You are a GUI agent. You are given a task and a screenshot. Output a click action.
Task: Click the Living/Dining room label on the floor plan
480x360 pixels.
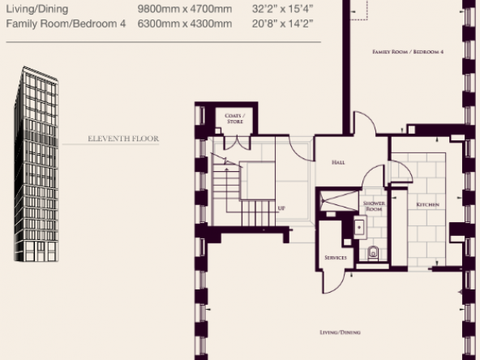point(340,332)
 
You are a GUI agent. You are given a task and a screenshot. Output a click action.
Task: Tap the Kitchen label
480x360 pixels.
point(427,204)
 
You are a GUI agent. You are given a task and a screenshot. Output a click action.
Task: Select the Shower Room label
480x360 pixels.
point(374,206)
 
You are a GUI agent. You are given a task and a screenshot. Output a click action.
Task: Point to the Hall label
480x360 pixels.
point(338,162)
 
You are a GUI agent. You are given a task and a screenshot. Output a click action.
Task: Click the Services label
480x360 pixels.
point(336,258)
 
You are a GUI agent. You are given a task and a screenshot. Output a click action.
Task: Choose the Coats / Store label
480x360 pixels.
point(235,118)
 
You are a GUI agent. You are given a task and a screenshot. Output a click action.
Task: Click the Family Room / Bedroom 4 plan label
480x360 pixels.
point(408,52)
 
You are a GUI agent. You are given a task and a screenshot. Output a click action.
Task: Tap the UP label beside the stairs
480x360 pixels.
point(281,208)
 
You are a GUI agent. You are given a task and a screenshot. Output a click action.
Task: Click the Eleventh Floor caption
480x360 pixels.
point(123,139)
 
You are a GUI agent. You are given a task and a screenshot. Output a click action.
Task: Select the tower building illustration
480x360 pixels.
point(36,164)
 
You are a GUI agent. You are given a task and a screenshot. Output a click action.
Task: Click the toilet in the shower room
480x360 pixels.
point(373,252)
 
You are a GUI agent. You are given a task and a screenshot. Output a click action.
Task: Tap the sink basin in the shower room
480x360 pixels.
point(360,227)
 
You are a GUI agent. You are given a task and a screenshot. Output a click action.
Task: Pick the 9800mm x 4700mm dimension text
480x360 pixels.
point(185,9)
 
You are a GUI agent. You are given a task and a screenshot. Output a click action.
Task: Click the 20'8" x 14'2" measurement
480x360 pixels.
point(282,24)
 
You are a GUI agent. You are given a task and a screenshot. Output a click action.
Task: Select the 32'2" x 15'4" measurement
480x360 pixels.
point(282,9)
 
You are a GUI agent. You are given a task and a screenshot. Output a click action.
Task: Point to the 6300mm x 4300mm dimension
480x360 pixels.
point(185,24)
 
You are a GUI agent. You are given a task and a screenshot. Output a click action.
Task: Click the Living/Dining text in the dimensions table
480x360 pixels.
point(37,9)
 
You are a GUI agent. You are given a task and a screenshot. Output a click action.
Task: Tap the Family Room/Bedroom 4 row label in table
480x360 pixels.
point(66,24)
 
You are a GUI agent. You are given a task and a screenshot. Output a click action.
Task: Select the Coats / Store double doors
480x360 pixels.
point(238,143)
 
